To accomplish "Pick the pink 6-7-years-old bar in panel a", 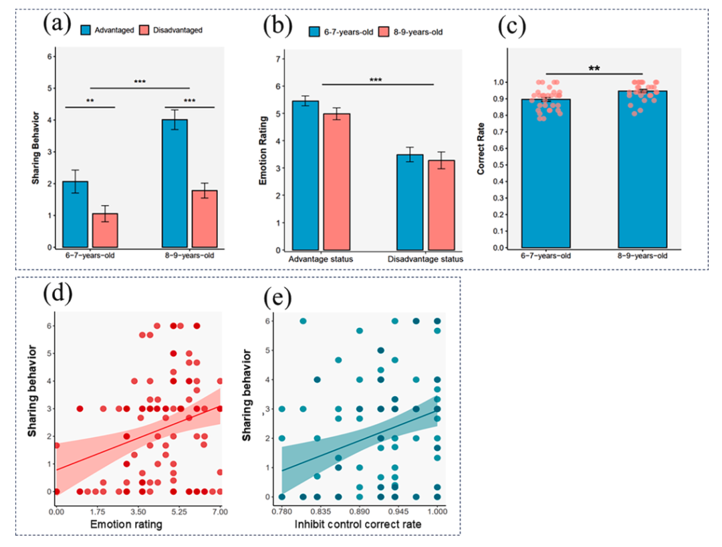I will (x=104, y=230).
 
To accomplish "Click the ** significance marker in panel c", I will (x=594, y=68).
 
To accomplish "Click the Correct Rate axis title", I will (x=481, y=154).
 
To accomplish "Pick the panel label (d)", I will (x=59, y=295).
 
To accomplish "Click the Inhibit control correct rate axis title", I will (x=360, y=527).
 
